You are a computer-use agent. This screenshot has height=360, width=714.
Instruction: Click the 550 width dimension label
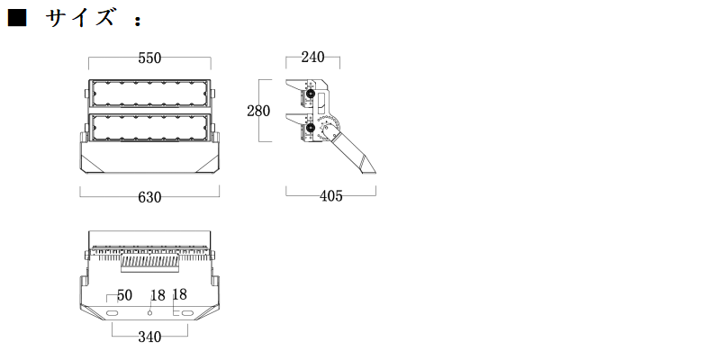pos(149,58)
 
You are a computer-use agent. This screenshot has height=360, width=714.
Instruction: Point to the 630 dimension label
pos(149,197)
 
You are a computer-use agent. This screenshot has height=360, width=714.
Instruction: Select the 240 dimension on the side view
pos(312,57)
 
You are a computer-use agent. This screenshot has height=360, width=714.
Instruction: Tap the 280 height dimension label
pos(258,111)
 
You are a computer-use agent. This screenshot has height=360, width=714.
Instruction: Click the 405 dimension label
pos(331,195)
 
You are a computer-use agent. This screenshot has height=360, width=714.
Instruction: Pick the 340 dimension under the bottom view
pos(149,337)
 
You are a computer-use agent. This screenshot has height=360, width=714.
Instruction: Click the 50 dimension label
pos(124,295)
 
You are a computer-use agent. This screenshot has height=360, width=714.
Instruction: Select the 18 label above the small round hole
pos(158,295)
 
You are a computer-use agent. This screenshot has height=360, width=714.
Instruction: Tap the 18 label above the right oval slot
pos(180,294)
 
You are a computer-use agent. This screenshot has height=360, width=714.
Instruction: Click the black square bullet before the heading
pos(17,18)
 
